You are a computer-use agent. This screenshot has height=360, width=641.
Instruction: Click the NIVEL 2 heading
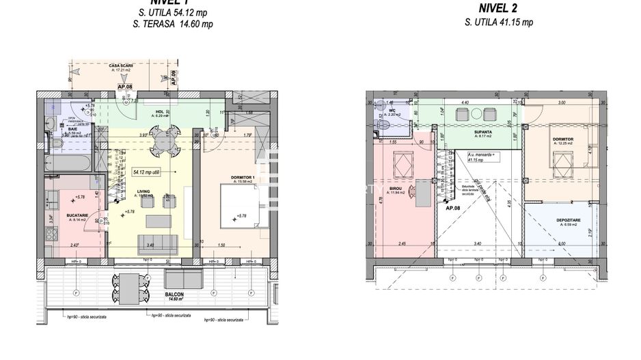498,8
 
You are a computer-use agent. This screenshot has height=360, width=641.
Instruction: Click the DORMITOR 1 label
244,178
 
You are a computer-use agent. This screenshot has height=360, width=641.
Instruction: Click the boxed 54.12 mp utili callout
146,173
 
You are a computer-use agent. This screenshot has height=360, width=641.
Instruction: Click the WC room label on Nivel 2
392,110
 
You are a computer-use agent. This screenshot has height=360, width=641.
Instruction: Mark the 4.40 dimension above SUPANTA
465,102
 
